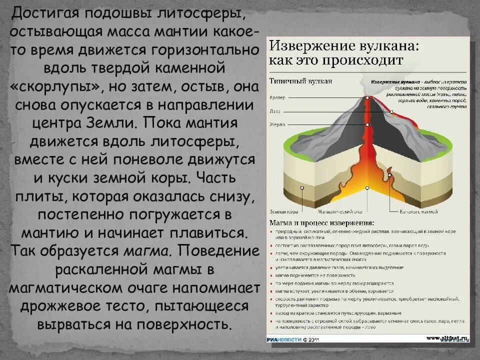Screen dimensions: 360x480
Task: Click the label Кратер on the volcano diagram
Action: pos(277,97)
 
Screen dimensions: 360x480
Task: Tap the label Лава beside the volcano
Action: pos(275,110)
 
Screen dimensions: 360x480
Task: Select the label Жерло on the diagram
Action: pos(276,123)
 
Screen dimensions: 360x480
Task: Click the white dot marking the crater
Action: pos(367,98)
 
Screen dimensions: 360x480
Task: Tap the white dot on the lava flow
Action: pos(391,112)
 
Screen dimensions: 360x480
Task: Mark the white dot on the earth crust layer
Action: pos(301,188)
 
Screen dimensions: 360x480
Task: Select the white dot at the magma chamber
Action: pos(367,188)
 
